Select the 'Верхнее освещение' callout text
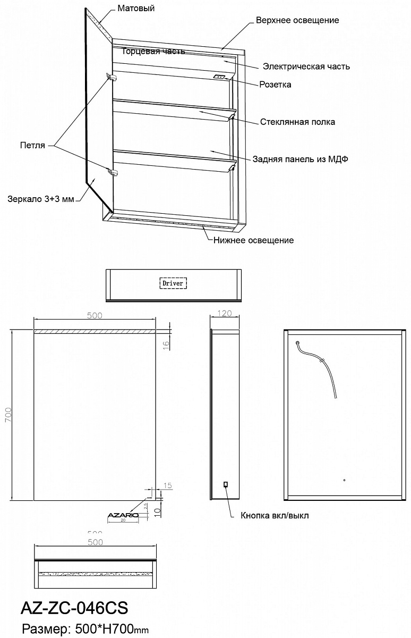[x=297, y=20]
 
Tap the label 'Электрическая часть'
[x=306, y=66]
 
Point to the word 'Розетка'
[x=275, y=85]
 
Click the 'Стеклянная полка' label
[x=297, y=122]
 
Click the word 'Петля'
[x=32, y=145]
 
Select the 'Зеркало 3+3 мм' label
[x=40, y=199]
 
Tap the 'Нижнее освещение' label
[x=253, y=240]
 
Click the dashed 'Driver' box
[x=173, y=283]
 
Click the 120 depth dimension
[x=225, y=314]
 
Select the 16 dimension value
[x=166, y=344]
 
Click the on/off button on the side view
[x=226, y=484]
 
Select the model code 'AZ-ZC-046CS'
[x=73, y=608]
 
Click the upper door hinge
[x=112, y=78]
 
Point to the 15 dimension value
[x=168, y=485]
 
